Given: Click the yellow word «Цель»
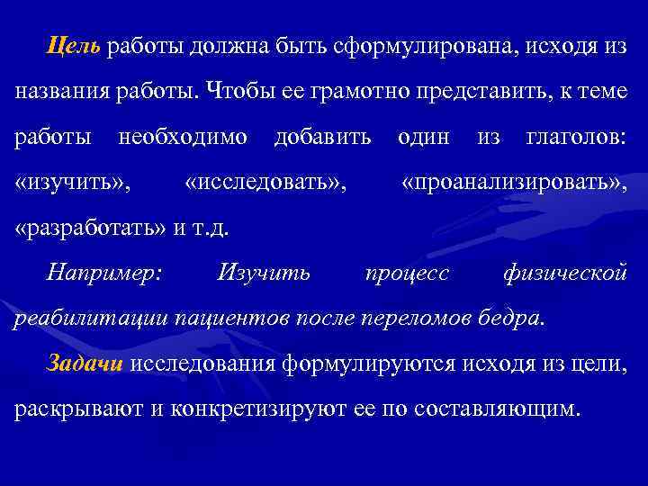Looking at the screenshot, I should pyautogui.click(x=75, y=46).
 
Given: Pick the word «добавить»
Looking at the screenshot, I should pyautogui.click(x=321, y=138).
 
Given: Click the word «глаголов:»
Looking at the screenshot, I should pyautogui.click(x=576, y=138).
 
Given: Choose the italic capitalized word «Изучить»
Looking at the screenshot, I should pyautogui.click(x=264, y=271).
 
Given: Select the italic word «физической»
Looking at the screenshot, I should pyautogui.click(x=564, y=271).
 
